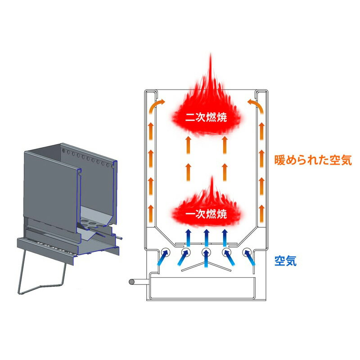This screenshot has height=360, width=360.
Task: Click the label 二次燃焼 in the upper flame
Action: [x=206, y=118]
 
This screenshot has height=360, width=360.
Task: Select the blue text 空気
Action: [x=285, y=261]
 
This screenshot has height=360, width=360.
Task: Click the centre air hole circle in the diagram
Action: [x=206, y=252]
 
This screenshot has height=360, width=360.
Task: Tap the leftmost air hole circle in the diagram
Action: [x=165, y=252]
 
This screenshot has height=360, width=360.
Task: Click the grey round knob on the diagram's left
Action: [x=132, y=282]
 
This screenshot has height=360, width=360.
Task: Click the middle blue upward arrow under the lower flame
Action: [x=206, y=236]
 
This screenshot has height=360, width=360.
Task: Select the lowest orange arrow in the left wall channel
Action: [x=151, y=208]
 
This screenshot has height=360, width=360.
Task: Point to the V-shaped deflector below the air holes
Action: [x=206, y=268]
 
